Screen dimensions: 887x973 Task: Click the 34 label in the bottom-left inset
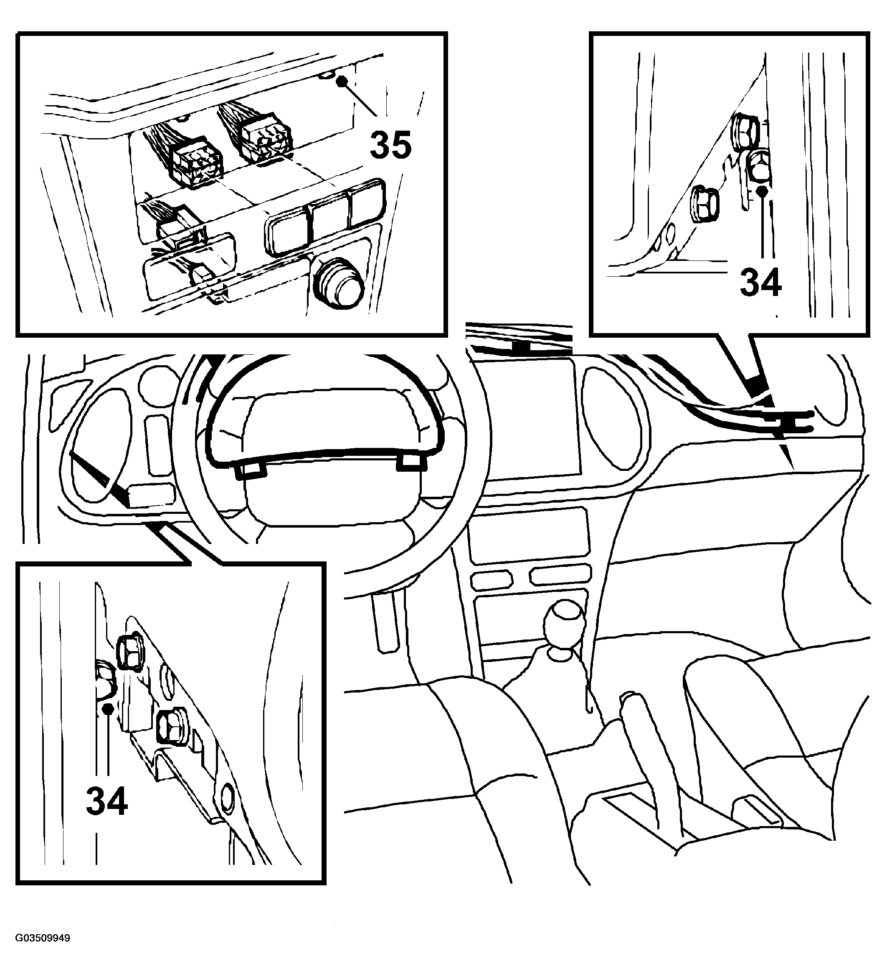[x=107, y=800]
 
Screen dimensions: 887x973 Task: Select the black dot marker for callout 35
[x=342, y=81]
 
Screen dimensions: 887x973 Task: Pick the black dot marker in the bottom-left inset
[x=109, y=708]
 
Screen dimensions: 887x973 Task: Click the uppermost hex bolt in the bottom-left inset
[x=129, y=650]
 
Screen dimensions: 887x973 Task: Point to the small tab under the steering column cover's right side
[x=411, y=462]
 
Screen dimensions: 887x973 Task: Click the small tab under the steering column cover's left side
[x=251, y=469]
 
